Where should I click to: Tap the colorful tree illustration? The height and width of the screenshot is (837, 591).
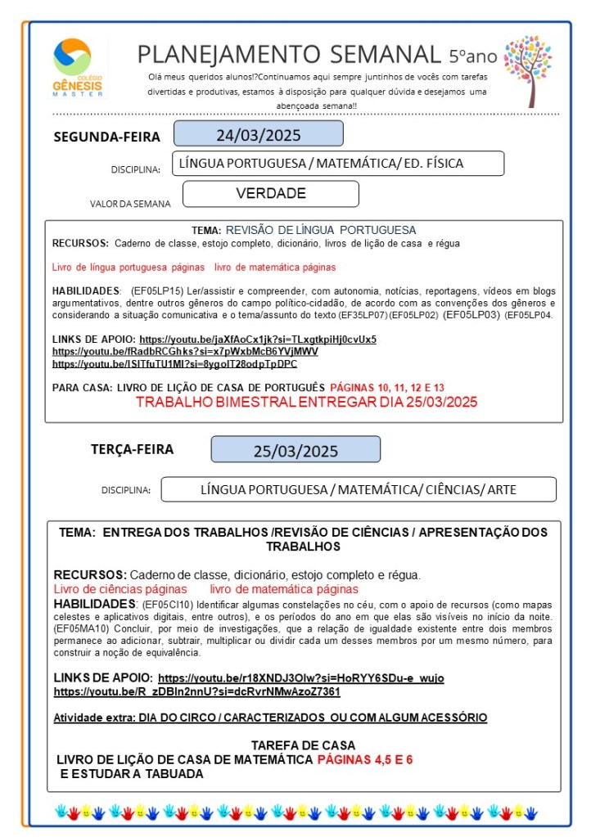coord(528,70)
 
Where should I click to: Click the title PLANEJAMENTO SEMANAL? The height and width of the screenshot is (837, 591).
coord(288,54)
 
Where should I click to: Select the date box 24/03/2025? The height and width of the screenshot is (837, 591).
coord(258,134)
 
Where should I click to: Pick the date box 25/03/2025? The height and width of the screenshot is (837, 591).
coord(295,450)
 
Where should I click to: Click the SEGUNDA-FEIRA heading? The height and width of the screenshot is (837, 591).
coord(106,137)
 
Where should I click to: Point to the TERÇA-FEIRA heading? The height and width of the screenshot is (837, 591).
coord(132,449)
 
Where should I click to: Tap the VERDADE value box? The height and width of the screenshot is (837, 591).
coord(270,194)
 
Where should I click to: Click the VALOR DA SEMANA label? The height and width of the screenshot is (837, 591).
coord(130,204)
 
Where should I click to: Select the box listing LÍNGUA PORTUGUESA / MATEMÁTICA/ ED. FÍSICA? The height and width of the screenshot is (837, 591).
coord(337,164)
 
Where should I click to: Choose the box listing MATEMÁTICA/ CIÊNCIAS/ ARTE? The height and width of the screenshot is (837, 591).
coord(359,489)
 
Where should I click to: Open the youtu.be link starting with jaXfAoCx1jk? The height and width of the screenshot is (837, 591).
coord(258,339)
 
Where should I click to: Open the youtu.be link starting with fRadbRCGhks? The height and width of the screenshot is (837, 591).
coord(185,351)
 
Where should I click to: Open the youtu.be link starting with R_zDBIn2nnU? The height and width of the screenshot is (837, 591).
coord(196,691)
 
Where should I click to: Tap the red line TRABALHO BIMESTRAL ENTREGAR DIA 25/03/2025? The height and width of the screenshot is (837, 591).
coord(306,403)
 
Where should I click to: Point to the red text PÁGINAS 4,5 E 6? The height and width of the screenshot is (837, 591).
coord(364,759)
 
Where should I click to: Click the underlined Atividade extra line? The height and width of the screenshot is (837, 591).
coord(270,718)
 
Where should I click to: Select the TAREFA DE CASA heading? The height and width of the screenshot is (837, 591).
coord(303,745)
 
